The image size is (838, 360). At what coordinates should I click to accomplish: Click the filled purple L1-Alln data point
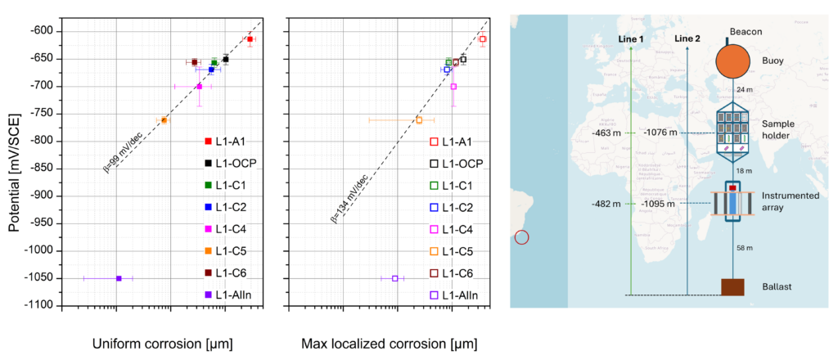tap(119, 278)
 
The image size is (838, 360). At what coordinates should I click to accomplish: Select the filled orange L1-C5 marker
tap(164, 120)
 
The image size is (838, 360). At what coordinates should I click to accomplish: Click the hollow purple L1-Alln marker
tap(394, 278)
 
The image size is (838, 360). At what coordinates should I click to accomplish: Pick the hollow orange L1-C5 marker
tap(419, 120)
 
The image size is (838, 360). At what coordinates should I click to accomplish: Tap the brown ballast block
tap(732, 286)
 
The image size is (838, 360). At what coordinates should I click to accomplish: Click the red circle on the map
tap(522, 238)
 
